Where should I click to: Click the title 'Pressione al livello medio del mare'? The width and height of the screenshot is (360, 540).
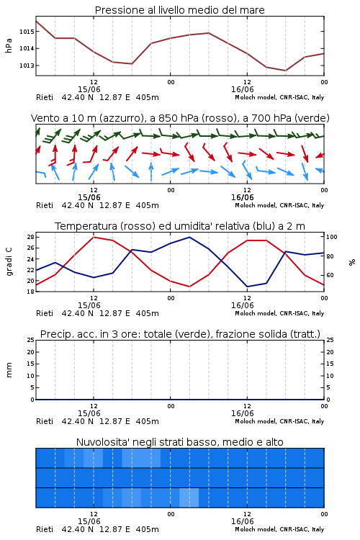point(179,10)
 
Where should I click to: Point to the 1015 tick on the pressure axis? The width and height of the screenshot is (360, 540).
point(27,32)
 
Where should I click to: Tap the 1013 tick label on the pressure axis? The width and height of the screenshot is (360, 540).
point(27,66)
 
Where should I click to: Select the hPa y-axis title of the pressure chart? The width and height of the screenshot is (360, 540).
point(9,45)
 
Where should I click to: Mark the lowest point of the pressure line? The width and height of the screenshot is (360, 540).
point(285,71)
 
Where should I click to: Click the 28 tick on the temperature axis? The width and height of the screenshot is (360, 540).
point(30,237)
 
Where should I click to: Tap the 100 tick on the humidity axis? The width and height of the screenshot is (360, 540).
point(332,237)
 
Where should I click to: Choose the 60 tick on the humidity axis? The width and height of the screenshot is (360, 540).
point(330,275)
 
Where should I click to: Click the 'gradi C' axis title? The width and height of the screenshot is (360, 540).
point(9,261)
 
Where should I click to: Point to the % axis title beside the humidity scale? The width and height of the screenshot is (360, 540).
point(352,262)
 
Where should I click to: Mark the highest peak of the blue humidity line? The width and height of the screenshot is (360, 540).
point(189,237)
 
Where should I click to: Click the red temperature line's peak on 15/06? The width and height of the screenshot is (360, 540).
point(94,237)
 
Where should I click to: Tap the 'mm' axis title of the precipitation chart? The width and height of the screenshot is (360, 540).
point(9,369)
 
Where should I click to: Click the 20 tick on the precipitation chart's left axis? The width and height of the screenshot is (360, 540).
point(30,352)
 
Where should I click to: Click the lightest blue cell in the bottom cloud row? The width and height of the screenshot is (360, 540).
point(189,498)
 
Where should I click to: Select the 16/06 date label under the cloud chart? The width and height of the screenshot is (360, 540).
point(243,521)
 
